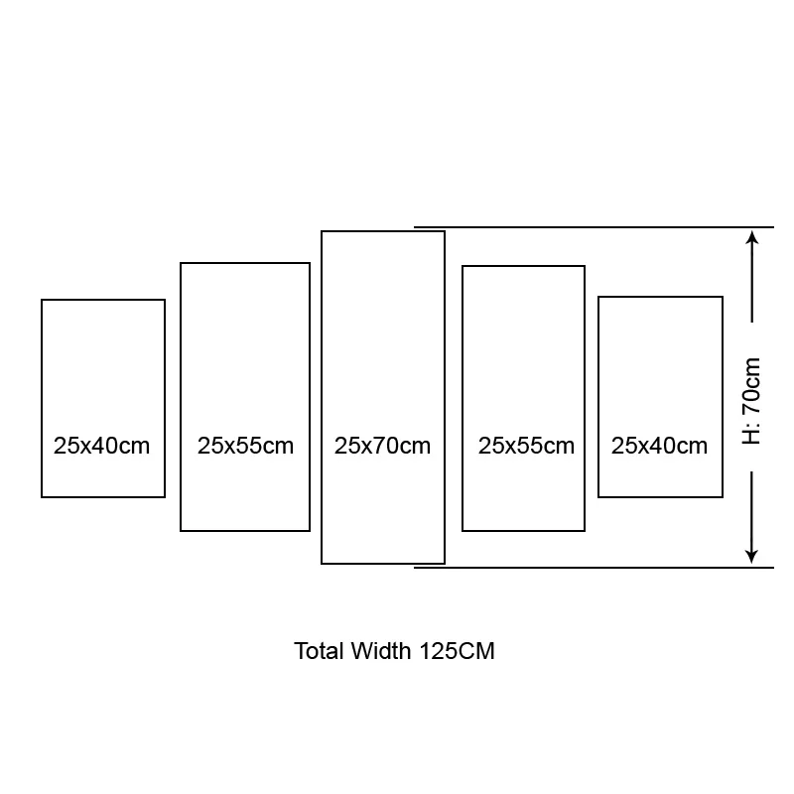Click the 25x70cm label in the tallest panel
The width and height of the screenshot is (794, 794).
click(x=382, y=446)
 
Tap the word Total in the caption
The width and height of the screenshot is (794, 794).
click(x=320, y=651)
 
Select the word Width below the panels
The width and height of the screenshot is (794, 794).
click(x=381, y=651)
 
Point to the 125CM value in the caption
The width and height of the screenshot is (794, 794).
click(x=457, y=651)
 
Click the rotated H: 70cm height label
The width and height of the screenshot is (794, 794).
click(x=751, y=401)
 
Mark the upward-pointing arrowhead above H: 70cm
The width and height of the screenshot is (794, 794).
click(x=752, y=238)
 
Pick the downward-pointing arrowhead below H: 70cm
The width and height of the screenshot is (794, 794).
click(x=752, y=556)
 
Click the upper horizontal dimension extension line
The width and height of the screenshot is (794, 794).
click(x=594, y=227)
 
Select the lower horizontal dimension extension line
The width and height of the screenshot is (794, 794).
click(x=594, y=568)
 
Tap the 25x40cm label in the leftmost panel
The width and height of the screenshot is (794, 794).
click(x=102, y=446)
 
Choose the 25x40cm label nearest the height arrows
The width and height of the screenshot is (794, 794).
click(x=659, y=446)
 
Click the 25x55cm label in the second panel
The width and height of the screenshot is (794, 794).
click(x=245, y=446)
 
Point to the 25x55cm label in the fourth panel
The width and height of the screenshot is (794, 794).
click(x=526, y=446)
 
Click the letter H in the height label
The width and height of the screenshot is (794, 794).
click(x=751, y=437)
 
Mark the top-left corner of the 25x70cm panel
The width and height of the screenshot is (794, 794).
click(x=322, y=231)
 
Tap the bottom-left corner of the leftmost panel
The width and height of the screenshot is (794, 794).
click(x=42, y=497)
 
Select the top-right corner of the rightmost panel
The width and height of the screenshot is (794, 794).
click(x=723, y=297)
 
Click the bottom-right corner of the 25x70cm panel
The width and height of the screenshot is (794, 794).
click(x=445, y=564)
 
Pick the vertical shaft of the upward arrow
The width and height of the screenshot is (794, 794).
click(x=752, y=282)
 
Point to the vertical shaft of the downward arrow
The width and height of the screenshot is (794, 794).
click(x=752, y=512)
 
